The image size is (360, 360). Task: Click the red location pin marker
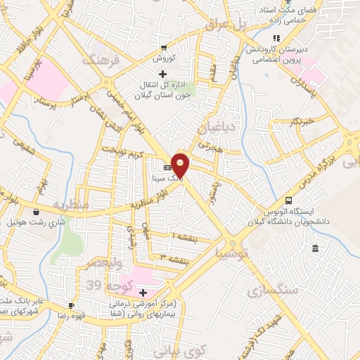click(181, 166)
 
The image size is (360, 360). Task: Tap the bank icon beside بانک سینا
click(167, 168)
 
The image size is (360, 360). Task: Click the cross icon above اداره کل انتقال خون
click(163, 73)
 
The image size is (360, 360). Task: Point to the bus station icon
click(288, 200)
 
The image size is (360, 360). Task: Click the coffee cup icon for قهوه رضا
click(70, 306)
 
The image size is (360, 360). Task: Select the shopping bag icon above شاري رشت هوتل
click(35, 211)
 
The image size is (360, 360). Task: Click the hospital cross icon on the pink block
click(143, 292)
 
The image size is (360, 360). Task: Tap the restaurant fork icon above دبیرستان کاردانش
click(277, 38)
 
